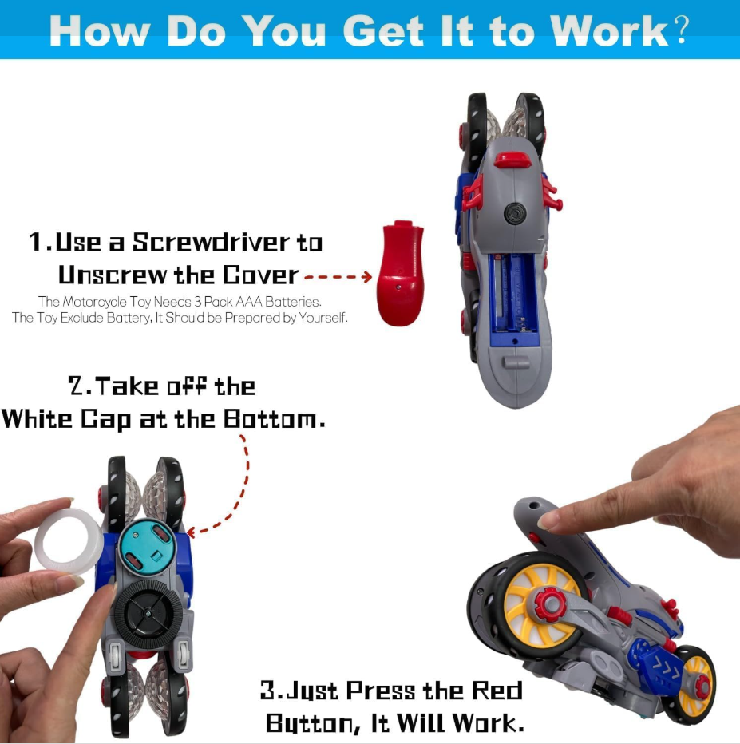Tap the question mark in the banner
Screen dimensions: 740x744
pos(681,30)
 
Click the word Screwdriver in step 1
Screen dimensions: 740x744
pos(211,243)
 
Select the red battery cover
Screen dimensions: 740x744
pos(401,273)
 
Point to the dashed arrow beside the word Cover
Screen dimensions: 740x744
pos(338,277)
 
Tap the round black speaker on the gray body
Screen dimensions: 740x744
pos(515,213)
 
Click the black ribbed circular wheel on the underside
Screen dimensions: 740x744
pos(148,615)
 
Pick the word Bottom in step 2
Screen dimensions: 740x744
pos(274,419)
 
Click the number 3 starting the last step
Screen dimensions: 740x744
pos(268,691)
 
